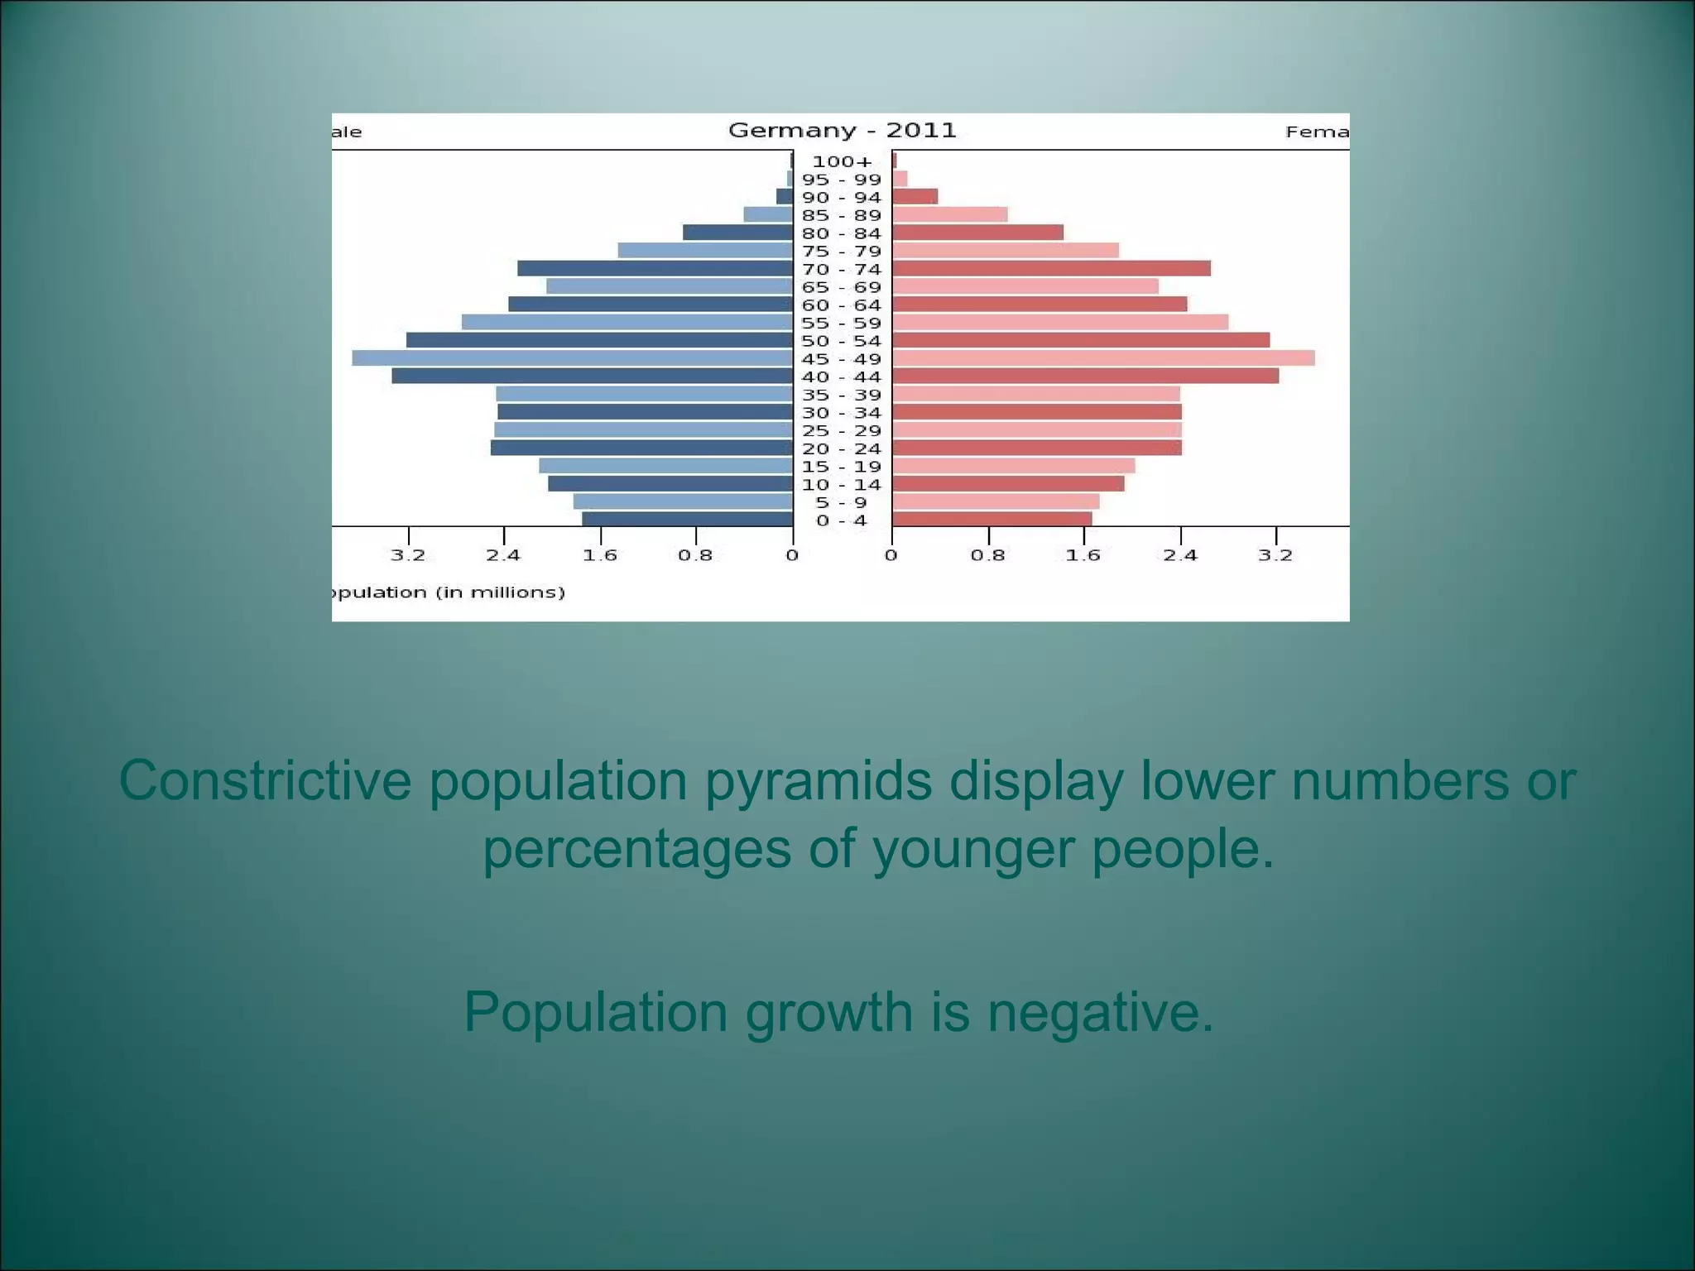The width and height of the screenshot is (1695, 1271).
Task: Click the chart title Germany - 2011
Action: pyautogui.click(x=842, y=131)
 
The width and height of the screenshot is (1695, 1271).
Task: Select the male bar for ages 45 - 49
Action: pyautogui.click(x=572, y=358)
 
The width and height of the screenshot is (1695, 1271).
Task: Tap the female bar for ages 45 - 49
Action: pyautogui.click(x=1102, y=358)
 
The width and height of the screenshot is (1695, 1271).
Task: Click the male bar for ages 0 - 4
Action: pyautogui.click(x=687, y=520)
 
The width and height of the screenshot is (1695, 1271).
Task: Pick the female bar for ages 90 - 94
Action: pyautogui.click(x=915, y=197)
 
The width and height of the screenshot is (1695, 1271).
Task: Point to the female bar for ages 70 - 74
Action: pyautogui.click(x=1050, y=269)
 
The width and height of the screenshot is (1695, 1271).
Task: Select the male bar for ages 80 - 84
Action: pyautogui.click(x=737, y=233)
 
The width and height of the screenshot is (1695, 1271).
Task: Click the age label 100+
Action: pyautogui.click(x=842, y=162)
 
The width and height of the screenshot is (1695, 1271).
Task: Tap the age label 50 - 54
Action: pyautogui.click(x=842, y=341)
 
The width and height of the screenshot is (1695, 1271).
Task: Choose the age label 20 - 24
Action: pyautogui.click(x=842, y=448)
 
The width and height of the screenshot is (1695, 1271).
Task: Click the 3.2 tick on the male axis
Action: pyautogui.click(x=408, y=555)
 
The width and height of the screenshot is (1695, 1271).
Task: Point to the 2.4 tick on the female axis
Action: pyautogui.click(x=1180, y=555)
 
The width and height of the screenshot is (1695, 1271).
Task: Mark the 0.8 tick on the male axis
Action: pyautogui.click(x=695, y=555)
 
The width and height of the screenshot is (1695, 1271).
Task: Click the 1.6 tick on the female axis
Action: pyautogui.click(x=1083, y=555)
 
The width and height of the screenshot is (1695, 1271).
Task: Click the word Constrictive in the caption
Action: pyautogui.click(x=265, y=780)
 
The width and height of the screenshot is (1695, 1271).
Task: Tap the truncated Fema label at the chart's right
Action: pyautogui.click(x=1317, y=132)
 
